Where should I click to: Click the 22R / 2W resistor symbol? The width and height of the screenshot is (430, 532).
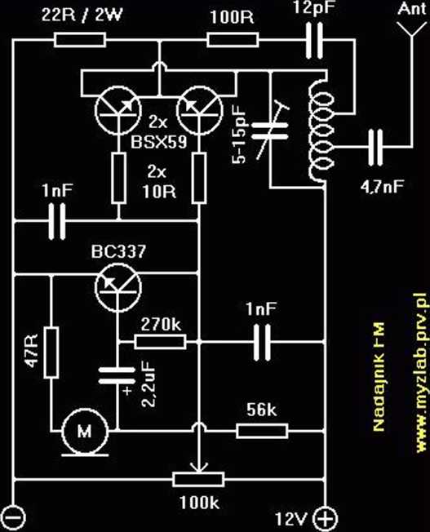[x=80, y=40]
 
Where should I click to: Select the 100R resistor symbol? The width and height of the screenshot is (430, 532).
[x=233, y=40]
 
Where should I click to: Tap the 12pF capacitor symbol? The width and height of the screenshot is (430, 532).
[x=314, y=41]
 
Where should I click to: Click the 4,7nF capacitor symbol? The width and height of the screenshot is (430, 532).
[x=375, y=147]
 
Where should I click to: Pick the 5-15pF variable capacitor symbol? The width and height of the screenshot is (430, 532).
[x=269, y=131]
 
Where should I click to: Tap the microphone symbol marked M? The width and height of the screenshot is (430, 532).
[x=85, y=432]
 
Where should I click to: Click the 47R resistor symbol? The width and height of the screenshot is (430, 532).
[x=51, y=352]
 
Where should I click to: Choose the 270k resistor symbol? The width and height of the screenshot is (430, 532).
[x=160, y=342]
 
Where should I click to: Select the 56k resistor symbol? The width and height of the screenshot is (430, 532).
[x=262, y=431]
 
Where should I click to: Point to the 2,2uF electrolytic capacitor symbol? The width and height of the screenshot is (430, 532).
[x=117, y=376]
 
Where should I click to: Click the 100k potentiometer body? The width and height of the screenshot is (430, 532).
[x=198, y=480]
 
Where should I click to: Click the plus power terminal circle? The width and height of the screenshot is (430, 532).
[x=325, y=518]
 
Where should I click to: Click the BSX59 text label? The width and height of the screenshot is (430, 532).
[x=159, y=142]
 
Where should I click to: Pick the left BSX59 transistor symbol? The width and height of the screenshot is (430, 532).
[x=117, y=110]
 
